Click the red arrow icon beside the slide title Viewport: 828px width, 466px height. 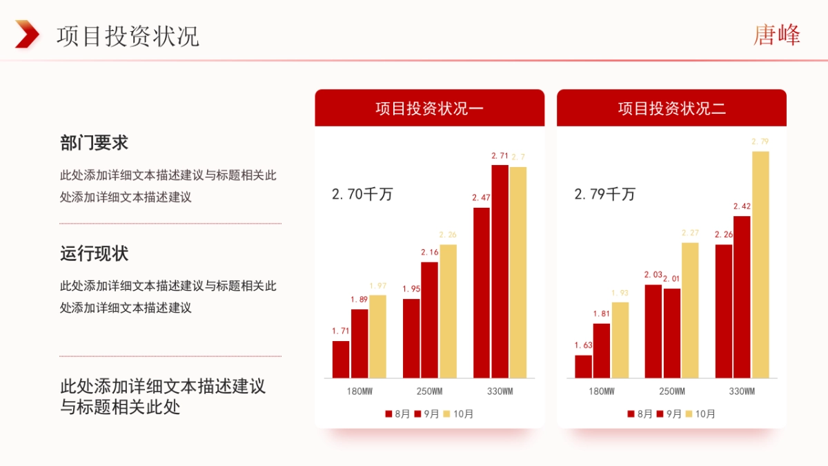point(27,34)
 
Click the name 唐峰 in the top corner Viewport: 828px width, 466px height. point(776,35)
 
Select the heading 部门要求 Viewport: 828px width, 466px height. point(94,143)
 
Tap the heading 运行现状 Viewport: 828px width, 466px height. point(94,253)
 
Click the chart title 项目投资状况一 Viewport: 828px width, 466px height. point(429,108)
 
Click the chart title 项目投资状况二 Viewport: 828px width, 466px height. point(671,108)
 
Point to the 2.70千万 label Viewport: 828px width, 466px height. point(362,194)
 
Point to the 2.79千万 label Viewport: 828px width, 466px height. point(604,194)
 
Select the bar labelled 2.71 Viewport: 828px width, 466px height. point(500,271)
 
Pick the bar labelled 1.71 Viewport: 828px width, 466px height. point(341,359)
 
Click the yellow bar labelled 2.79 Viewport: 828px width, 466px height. point(760,264)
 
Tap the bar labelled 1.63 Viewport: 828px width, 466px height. point(584,367)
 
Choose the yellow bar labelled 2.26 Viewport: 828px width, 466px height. point(448,311)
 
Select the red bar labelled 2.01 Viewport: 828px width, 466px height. point(672,333)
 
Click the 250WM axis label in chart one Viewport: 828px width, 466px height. point(430,391)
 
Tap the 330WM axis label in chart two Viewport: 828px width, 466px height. point(742,391)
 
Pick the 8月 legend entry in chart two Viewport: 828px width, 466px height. point(640,414)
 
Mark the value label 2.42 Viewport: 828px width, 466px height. point(742,206)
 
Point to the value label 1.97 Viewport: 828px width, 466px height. point(377,286)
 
